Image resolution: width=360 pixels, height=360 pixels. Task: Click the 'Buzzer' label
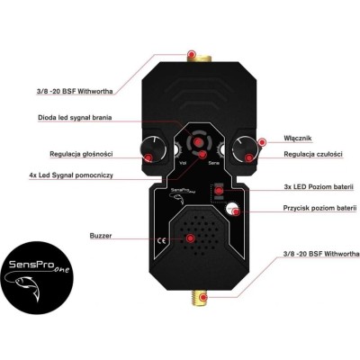pos(101,236)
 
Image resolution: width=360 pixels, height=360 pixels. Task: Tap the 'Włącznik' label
pos(298,139)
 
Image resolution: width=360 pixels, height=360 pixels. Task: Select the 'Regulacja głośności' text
pos(81,154)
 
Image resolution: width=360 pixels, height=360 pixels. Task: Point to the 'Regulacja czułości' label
pos(313,154)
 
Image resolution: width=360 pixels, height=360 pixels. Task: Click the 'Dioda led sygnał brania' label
pos(75,117)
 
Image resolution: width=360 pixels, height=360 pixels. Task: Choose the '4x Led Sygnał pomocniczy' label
pos(71,175)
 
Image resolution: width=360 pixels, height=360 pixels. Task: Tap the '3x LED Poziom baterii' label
pos(319,186)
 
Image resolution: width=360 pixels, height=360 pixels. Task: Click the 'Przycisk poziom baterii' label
pos(319,208)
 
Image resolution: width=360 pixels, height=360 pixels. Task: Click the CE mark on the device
pos(161,240)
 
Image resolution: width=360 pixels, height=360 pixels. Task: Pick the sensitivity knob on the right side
pos(245,149)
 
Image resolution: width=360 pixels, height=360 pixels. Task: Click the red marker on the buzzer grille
pos(190,238)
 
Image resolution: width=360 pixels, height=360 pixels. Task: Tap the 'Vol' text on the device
pos(183,163)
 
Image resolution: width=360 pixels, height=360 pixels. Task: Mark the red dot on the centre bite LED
pos(197,142)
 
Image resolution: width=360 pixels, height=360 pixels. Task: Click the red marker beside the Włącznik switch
pos(262,141)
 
